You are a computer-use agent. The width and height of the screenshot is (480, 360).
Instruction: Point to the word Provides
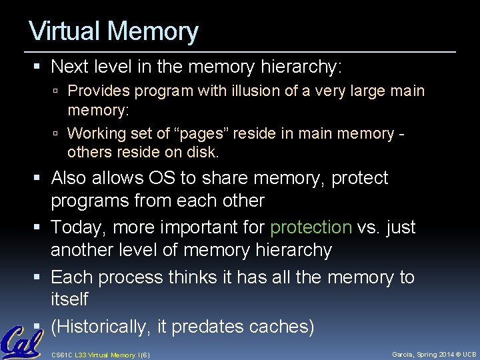[98, 91]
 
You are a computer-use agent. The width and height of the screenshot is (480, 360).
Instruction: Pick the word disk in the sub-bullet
[203, 152]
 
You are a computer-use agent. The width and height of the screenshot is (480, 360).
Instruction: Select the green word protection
[311, 227]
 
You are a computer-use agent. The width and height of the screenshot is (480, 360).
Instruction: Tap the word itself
[69, 299]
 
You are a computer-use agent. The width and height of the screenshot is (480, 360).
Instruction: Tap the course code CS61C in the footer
[62, 355]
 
